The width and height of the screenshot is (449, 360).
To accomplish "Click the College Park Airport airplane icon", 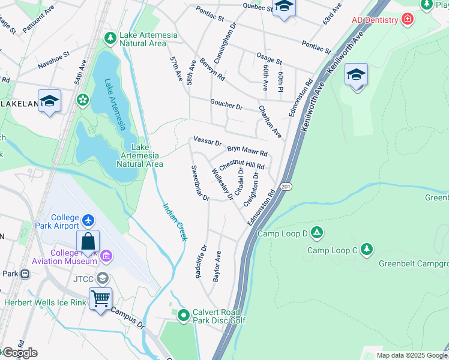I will click(x=89, y=221).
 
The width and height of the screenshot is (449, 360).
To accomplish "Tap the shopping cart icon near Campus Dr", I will click(x=100, y=298).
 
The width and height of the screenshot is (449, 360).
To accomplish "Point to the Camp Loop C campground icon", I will click(x=366, y=249).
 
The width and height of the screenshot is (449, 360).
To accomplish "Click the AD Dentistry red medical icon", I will click(x=408, y=20).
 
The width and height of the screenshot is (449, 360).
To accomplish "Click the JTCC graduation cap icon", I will click(x=103, y=278).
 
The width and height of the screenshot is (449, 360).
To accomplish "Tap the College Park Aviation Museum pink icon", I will click(x=106, y=257).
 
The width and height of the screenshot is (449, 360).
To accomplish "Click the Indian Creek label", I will click(x=175, y=222).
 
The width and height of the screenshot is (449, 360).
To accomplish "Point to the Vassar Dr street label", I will click(x=208, y=142).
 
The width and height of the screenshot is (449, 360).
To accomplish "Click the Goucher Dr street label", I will click(x=226, y=105).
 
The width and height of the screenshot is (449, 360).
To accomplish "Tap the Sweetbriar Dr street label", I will click(x=199, y=183).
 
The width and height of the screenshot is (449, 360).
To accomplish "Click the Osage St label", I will click(x=269, y=60).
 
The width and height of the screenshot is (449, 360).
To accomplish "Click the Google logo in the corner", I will click(x=19, y=353).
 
